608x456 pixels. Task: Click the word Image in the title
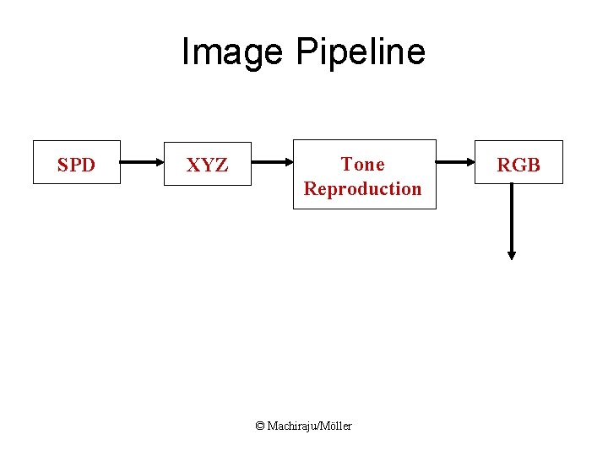[233, 52]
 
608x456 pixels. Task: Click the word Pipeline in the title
[361, 52]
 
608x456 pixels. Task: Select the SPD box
[77, 162]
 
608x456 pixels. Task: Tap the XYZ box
[208, 164]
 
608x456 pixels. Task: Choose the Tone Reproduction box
[364, 174]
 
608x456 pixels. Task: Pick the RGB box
[518, 162]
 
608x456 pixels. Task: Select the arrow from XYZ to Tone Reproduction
[273, 160]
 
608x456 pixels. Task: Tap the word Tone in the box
[362, 164]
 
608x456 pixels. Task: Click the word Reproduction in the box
[363, 188]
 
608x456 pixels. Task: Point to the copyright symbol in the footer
[260, 426]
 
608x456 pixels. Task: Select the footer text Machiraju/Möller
[310, 426]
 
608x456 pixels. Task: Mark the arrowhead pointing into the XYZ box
[160, 160]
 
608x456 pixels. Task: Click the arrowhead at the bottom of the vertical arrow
[511, 254]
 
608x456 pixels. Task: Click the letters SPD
[76, 165]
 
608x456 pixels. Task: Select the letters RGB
[518, 165]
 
